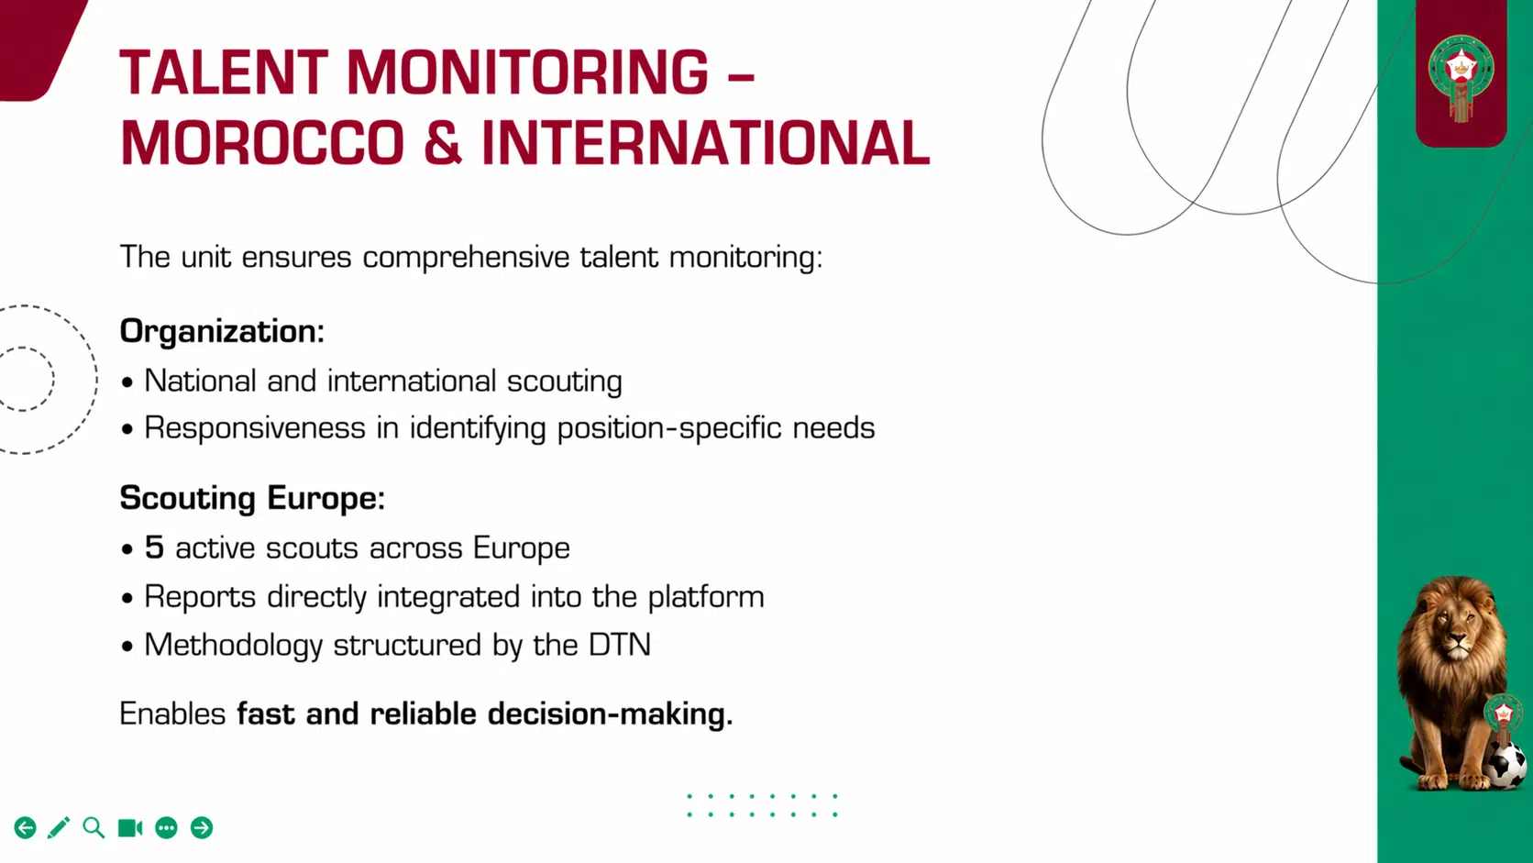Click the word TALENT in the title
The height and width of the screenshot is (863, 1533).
click(223, 72)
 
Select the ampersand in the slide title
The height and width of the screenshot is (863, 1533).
click(443, 143)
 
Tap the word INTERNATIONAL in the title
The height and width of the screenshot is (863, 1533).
click(705, 143)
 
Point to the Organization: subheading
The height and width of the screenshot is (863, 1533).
click(222, 331)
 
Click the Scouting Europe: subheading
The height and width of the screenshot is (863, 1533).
click(252, 498)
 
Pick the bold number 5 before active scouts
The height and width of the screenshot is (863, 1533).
click(154, 548)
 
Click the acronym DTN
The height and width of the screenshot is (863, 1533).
click(620, 645)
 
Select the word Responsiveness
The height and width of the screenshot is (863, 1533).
click(255, 428)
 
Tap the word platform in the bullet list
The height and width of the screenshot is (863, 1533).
click(706, 597)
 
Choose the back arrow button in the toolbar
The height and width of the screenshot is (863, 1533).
click(26, 828)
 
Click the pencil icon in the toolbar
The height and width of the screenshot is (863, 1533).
click(59, 828)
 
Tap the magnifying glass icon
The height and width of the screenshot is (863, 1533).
click(94, 828)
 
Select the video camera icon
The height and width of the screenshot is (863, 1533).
click(130, 828)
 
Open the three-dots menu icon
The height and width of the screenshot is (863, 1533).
click(166, 828)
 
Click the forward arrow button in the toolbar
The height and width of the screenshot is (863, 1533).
click(202, 828)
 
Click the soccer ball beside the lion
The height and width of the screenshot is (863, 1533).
click(1506, 766)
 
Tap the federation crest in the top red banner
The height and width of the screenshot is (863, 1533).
click(1461, 73)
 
